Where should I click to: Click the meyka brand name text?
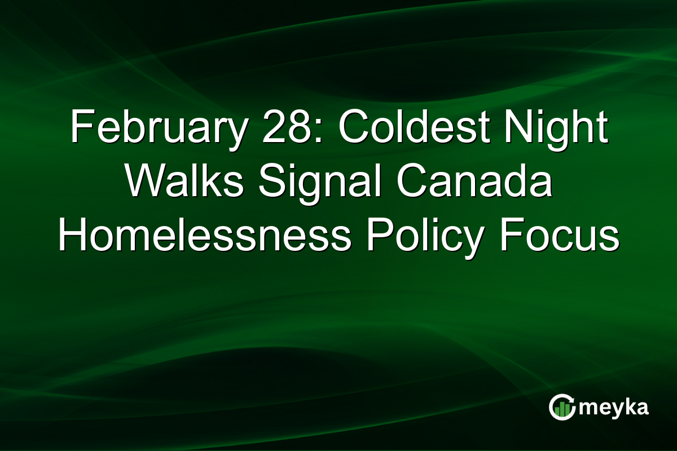pos(614,407)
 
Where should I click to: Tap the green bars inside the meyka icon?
pos(561,410)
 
